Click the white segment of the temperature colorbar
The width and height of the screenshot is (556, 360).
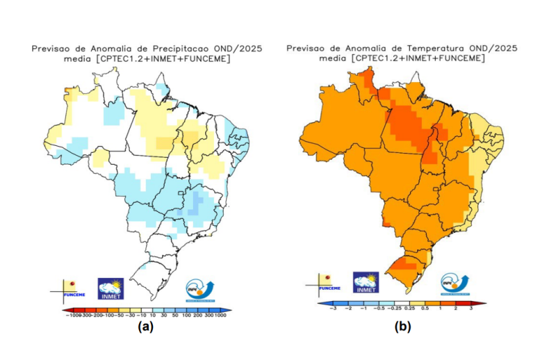(x=402, y=304)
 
